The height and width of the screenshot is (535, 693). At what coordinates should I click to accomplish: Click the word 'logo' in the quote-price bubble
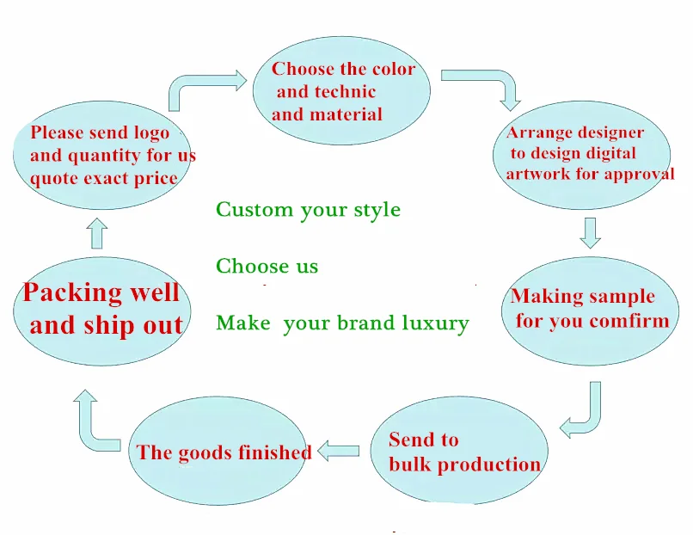click(151, 133)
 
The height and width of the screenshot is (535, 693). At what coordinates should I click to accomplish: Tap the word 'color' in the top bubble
click(394, 70)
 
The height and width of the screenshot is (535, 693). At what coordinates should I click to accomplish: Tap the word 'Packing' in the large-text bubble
click(72, 292)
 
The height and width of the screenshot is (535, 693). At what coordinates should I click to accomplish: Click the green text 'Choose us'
click(267, 267)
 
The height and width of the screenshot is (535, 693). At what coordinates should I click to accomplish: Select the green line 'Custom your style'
click(308, 209)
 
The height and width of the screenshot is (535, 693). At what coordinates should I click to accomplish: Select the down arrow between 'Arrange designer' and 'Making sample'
click(590, 232)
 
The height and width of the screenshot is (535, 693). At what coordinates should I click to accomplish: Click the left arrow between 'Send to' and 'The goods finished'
click(338, 450)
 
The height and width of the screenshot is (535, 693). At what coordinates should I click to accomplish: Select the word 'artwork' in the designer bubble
click(537, 175)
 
